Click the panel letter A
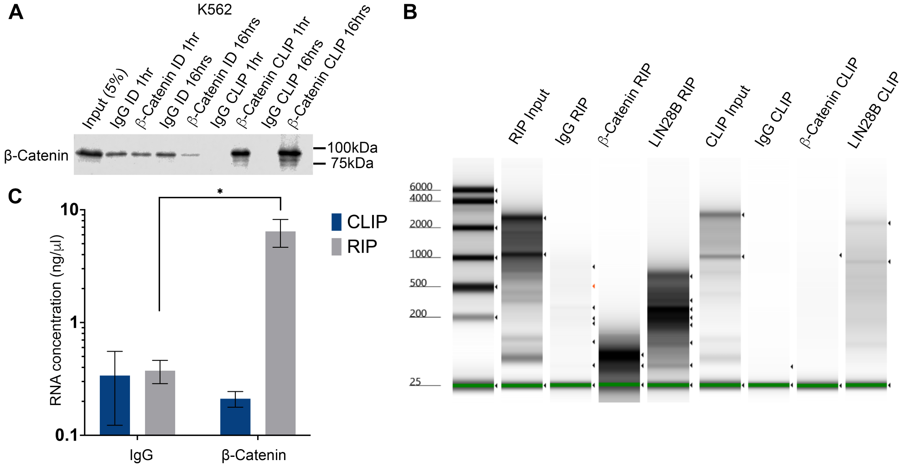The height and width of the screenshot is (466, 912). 16,12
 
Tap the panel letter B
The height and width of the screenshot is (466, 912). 410,12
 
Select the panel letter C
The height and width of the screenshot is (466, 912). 15,196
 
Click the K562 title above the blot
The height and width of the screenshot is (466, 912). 214,10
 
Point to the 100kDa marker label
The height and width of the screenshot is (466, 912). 352,148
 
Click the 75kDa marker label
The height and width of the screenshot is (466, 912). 352,163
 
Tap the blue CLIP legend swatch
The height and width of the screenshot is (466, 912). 337,222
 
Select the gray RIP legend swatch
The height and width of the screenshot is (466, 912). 337,246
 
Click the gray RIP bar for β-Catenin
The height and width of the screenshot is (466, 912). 280,333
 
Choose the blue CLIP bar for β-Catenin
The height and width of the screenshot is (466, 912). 235,416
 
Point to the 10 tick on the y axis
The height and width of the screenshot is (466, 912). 70,210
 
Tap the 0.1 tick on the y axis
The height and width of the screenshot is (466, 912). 67,435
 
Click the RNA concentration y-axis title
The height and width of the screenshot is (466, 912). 56,320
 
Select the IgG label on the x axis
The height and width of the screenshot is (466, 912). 141,455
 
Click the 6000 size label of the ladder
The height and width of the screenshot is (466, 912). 420,186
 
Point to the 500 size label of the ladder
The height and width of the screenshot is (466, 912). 418,283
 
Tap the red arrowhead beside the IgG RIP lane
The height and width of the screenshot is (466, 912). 594,286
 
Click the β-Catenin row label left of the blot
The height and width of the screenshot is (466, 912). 36,156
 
